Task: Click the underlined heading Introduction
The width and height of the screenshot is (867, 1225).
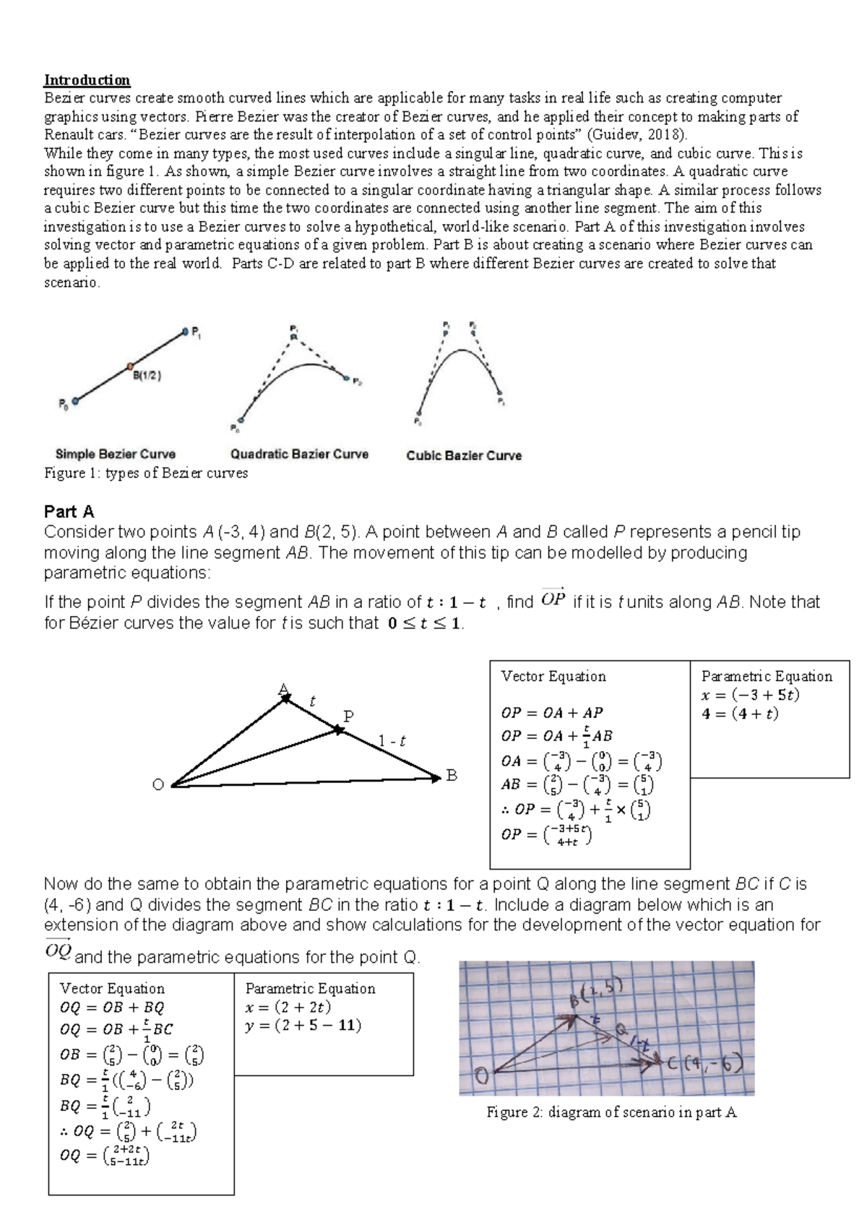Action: pyautogui.click(x=87, y=79)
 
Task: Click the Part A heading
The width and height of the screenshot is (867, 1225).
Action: pyautogui.click(x=69, y=511)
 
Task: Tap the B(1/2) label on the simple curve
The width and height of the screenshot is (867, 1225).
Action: pyautogui.click(x=147, y=375)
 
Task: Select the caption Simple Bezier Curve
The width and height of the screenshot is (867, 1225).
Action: pyautogui.click(x=116, y=454)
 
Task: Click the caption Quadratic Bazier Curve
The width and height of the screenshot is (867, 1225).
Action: pyautogui.click(x=299, y=454)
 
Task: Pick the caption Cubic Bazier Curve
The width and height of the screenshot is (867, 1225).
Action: pyautogui.click(x=464, y=456)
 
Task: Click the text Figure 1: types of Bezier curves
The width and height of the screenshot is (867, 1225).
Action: pyautogui.click(x=146, y=473)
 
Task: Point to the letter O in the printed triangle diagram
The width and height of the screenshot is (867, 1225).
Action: pyautogui.click(x=158, y=785)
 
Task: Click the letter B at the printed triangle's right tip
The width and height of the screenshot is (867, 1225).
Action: pyautogui.click(x=452, y=776)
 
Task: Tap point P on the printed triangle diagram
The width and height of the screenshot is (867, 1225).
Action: pyautogui.click(x=348, y=717)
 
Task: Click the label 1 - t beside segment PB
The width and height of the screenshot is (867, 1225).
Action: pyautogui.click(x=392, y=740)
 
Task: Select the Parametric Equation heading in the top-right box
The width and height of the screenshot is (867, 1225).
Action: pyautogui.click(x=767, y=676)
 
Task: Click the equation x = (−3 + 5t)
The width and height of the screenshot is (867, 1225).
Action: pyautogui.click(x=750, y=696)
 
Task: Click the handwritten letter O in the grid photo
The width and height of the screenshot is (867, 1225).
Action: pyautogui.click(x=480, y=1077)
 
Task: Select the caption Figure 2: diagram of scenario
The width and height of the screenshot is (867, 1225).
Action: pyautogui.click(x=611, y=1112)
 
